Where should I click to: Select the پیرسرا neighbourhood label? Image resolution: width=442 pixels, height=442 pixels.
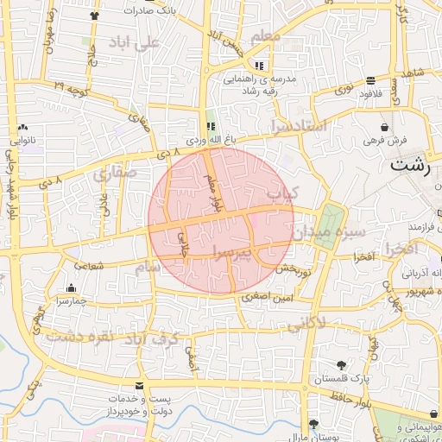[244, 251]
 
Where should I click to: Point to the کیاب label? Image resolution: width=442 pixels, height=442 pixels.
[281, 194]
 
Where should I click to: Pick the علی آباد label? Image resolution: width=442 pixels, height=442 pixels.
[136, 41]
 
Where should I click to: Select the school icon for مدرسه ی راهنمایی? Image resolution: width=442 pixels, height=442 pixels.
[259, 66]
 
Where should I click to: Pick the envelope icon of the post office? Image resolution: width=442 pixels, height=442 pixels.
[140, 385]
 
